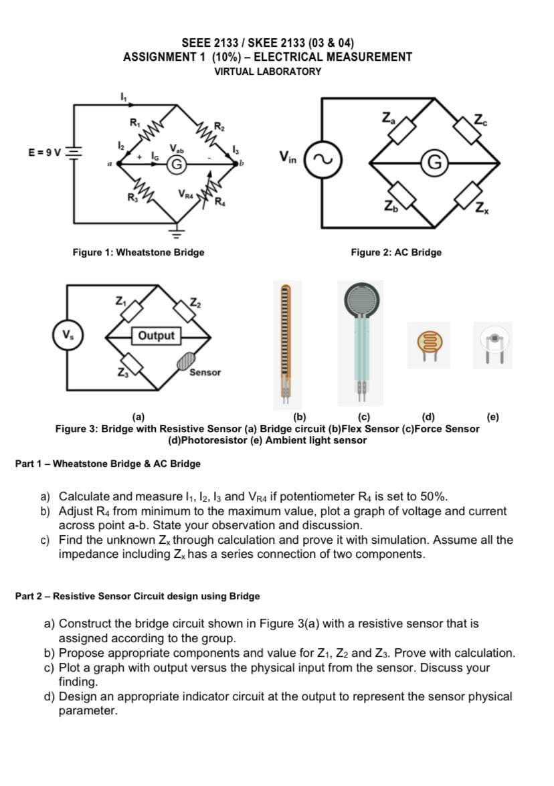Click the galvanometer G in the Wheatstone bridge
pos(177,162)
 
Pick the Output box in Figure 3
pos(155,336)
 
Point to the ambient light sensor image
pos(494,343)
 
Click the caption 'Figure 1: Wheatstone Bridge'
pos(138,252)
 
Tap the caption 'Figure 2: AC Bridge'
pos(396,252)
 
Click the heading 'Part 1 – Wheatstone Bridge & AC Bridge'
pos(108,464)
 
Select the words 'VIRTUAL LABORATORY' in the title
pos(268,71)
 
